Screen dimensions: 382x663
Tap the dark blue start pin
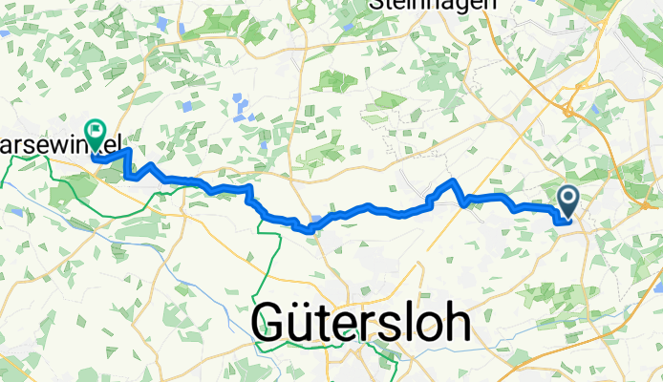pyautogui.click(x=568, y=201)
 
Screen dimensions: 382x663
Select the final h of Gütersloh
pyautogui.click(x=457, y=325)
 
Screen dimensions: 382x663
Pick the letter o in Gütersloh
pyautogui.click(x=426, y=328)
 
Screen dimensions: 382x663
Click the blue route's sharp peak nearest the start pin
pyautogui.click(x=454, y=180)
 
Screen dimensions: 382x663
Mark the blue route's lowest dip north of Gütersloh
pyautogui.click(x=309, y=229)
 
